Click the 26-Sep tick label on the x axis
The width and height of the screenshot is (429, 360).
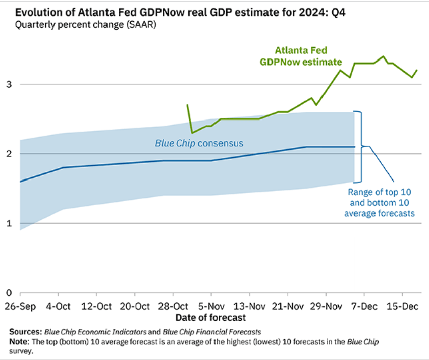point(20,306)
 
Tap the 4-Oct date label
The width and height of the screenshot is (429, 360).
point(59,306)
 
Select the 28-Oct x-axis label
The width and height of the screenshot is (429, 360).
point(173,306)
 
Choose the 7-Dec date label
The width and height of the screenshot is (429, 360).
point(364,306)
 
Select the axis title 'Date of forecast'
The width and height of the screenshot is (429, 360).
point(211,318)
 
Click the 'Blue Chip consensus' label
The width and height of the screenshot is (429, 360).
point(199,144)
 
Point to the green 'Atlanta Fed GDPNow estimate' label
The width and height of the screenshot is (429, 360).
point(301,56)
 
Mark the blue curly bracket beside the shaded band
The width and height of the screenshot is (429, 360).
point(359,146)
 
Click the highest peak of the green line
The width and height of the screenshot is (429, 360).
point(383,56)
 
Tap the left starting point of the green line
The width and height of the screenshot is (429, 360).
point(187,105)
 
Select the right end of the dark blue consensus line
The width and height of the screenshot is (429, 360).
point(355,147)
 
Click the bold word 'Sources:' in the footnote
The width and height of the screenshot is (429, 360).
point(26,332)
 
